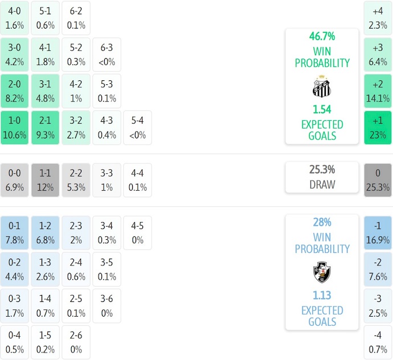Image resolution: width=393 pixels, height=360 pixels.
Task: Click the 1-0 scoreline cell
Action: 15,128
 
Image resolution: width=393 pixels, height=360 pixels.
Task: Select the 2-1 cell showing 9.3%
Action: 45,128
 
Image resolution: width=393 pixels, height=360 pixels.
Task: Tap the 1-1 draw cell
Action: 45,180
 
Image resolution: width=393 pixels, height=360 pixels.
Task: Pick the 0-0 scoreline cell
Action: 15,180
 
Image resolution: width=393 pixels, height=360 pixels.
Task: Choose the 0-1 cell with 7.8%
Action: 15,232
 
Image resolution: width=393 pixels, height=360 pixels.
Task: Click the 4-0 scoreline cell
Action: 15,18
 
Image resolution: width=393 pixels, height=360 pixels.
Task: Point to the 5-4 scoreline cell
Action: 137,128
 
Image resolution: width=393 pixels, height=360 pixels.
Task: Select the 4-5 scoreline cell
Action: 137,232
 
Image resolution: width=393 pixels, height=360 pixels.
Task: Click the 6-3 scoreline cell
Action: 107,54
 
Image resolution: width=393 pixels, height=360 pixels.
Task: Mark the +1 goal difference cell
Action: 378,128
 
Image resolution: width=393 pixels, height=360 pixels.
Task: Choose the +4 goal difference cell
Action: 378,18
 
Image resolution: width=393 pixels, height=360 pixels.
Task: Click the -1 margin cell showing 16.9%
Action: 378,232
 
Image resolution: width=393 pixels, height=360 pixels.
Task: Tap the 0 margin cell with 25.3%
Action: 378,180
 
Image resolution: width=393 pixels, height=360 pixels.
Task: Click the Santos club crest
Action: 322,85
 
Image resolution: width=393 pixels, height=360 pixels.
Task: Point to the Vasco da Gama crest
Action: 322,272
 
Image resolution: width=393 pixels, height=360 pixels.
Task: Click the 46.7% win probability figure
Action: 322,36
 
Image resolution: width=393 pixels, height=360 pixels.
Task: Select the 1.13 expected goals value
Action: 322,295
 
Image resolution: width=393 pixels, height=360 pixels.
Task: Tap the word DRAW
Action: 322,185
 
